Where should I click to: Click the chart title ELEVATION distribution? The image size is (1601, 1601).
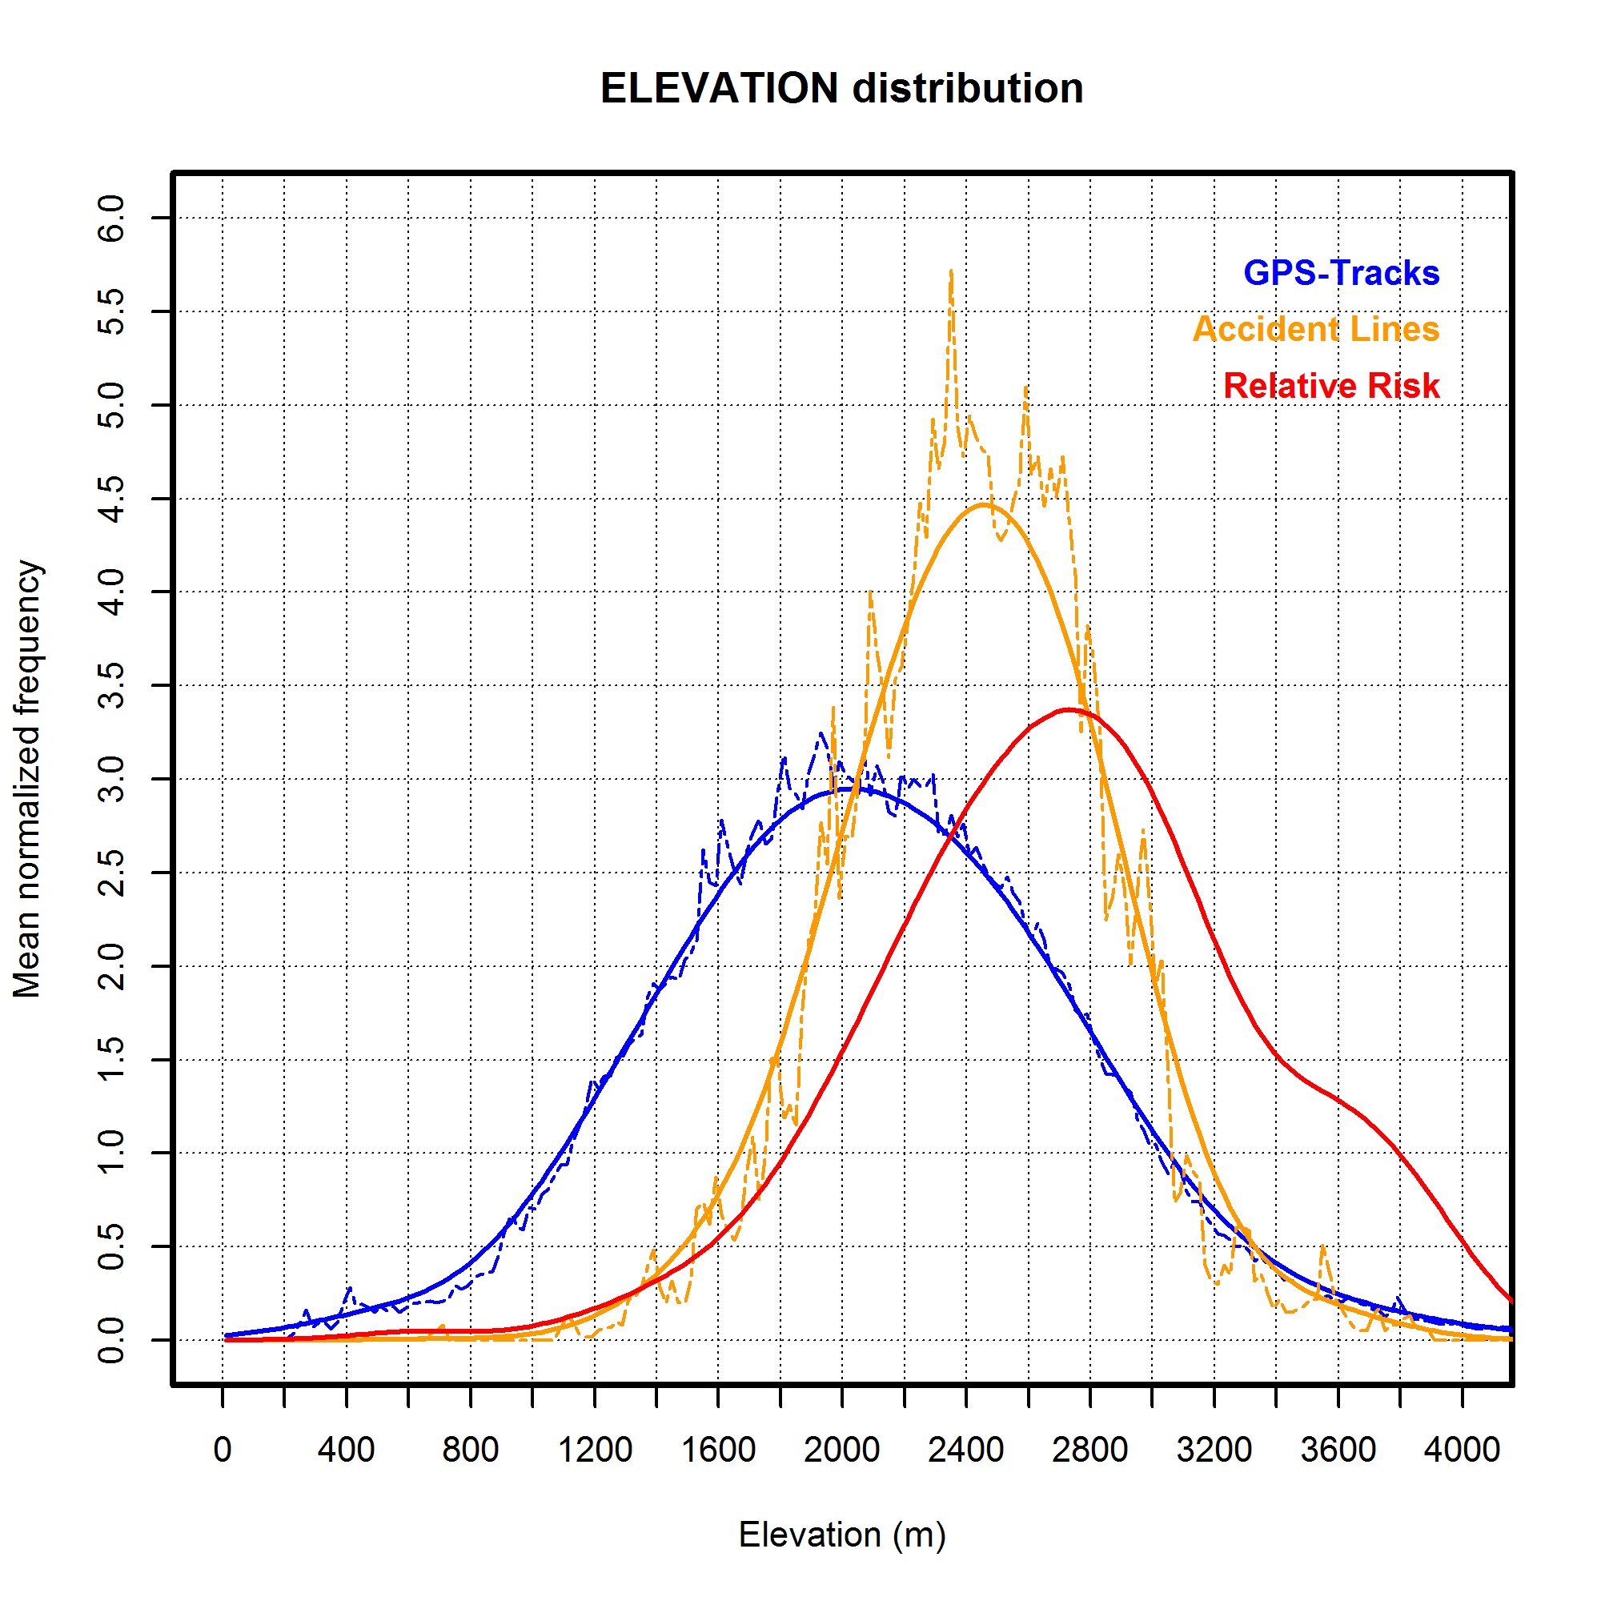point(841,89)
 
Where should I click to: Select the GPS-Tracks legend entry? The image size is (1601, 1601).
point(1341,274)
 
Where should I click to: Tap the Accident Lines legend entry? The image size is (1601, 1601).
point(1315,330)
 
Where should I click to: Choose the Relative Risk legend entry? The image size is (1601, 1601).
point(1331,386)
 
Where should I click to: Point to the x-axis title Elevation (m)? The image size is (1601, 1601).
point(841,1535)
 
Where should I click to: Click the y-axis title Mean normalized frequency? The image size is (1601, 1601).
point(27,779)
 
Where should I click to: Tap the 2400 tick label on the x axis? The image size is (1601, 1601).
point(965,1451)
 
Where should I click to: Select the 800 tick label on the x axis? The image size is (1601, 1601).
point(470,1451)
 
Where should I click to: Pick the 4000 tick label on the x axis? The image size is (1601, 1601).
point(1462,1451)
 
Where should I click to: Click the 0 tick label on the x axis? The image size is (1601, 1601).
point(222,1451)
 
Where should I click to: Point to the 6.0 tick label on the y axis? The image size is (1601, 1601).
point(111,218)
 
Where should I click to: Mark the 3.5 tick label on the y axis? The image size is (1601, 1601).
point(111,685)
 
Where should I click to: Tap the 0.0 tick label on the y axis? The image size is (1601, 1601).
point(111,1340)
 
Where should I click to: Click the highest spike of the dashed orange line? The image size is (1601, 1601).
point(950,272)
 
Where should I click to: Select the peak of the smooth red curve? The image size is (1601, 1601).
point(1069,709)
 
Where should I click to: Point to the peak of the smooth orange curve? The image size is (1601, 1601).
point(984,504)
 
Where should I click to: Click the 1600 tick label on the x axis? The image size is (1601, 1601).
point(717,1451)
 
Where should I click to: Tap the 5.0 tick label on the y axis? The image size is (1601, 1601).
point(111,405)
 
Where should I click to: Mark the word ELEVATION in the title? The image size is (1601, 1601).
point(719,89)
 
